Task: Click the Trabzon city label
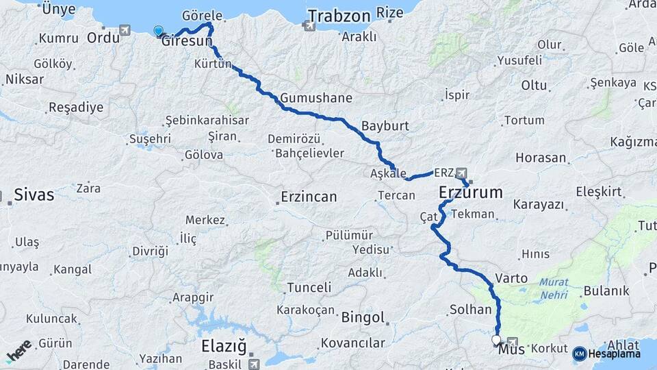(339, 16)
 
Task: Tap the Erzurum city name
(470, 193)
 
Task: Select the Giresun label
(184, 42)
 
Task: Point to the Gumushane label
(315, 98)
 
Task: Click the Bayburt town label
(385, 126)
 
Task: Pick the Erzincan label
(309, 197)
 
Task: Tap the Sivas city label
(34, 195)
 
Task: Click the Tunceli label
(309, 288)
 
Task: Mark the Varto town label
(511, 278)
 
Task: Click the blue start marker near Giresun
(159, 31)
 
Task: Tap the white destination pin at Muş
(496, 339)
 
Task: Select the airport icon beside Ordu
(125, 30)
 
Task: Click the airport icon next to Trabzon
(309, 26)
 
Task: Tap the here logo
(18, 351)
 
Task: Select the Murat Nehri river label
(554, 288)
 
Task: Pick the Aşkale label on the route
(388, 174)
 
